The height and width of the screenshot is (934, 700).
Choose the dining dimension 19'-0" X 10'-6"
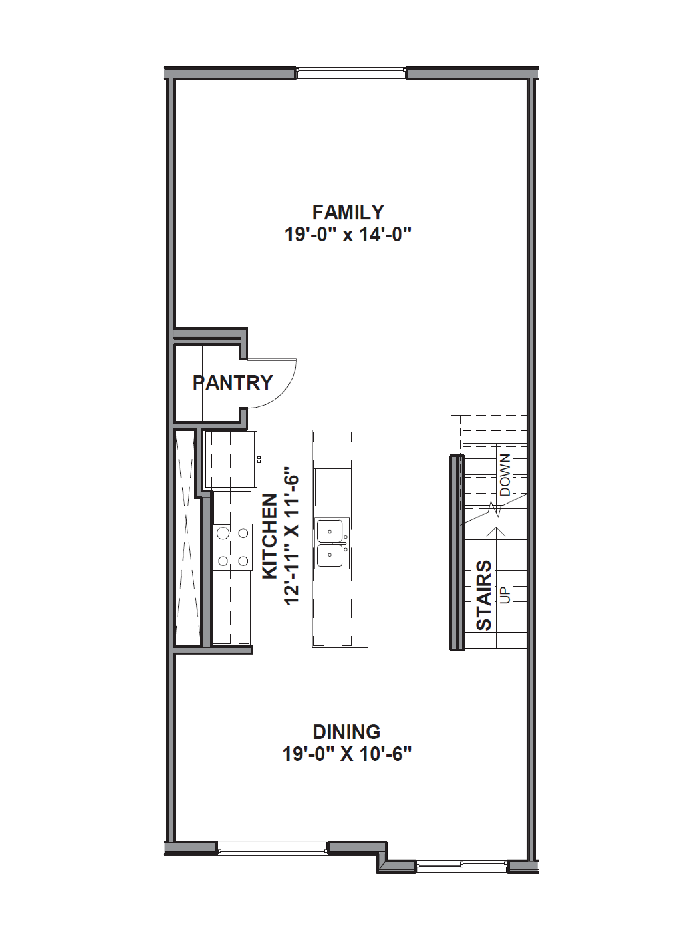346,754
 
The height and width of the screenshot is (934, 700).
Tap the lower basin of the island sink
330,555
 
